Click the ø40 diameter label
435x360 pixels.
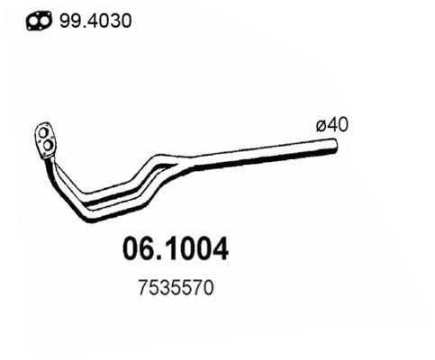click(x=331, y=125)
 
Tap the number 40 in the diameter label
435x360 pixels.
click(x=337, y=125)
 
